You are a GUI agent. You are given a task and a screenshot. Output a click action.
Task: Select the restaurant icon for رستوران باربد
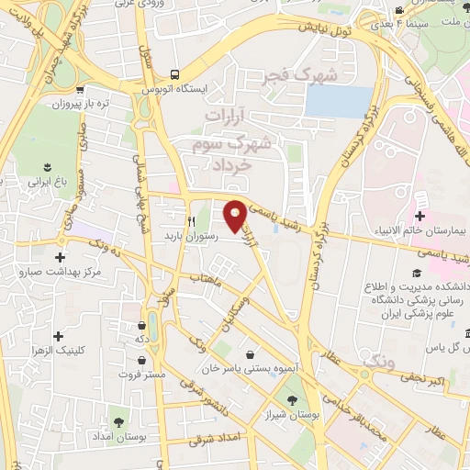click(192, 221)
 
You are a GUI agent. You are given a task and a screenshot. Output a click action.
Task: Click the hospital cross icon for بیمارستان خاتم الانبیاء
click(420, 216)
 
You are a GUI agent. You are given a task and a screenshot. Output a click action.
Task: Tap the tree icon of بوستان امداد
click(118, 421)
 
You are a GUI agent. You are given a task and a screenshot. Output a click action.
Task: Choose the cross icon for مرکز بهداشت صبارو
click(61, 258)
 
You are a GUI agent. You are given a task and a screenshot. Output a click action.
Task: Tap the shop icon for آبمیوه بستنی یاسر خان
click(250, 353)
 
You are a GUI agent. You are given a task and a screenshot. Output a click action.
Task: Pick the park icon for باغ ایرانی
click(47, 166)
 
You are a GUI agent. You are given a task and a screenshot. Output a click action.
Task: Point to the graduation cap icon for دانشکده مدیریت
click(415, 274)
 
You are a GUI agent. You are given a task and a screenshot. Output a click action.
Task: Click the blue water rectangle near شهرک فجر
click(339, 102)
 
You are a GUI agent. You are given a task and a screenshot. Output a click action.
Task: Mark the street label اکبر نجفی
click(427, 377)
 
